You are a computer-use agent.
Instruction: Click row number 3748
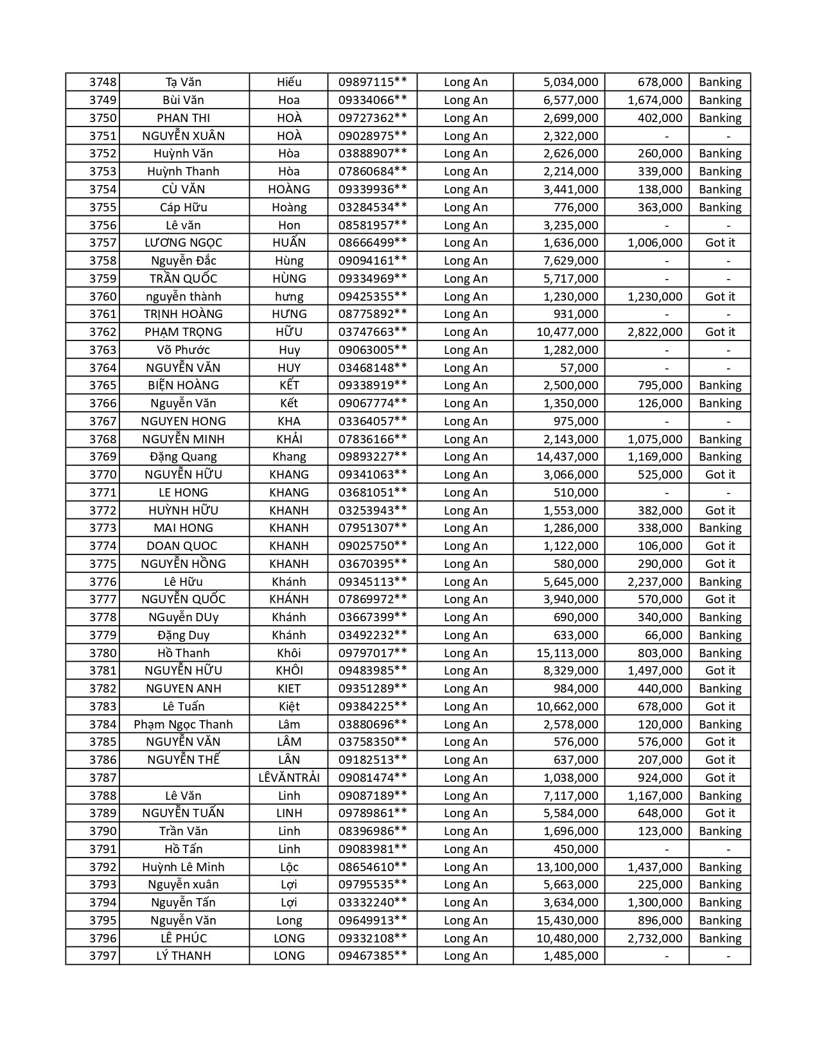click(x=103, y=82)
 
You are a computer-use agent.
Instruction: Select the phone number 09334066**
click(x=373, y=100)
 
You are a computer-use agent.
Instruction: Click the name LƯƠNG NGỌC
click(x=184, y=243)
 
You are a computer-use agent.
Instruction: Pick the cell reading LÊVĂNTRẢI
click(x=289, y=778)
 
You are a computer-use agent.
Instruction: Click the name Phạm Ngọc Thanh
click(x=184, y=725)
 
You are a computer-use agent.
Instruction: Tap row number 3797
click(x=103, y=956)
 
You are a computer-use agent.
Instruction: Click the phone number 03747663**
click(x=373, y=332)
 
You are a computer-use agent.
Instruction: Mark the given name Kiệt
click(x=289, y=707)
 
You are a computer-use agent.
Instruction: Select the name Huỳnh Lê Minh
click(x=184, y=867)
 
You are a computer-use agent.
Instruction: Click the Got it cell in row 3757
click(x=719, y=243)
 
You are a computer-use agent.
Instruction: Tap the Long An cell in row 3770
click(x=466, y=475)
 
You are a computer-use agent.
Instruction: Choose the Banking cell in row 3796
click(x=719, y=939)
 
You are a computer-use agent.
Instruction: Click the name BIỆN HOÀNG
click(x=184, y=385)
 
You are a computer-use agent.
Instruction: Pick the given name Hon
click(x=289, y=225)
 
